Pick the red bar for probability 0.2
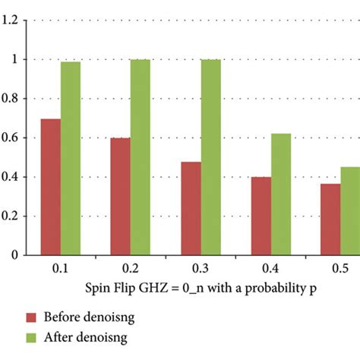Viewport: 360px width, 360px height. tap(120, 197)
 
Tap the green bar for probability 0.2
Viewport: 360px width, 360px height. tap(140, 157)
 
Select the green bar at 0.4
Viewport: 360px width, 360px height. tap(280, 194)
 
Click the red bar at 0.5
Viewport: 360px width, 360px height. tap(330, 219)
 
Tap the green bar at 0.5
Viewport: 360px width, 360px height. tap(350, 210)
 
